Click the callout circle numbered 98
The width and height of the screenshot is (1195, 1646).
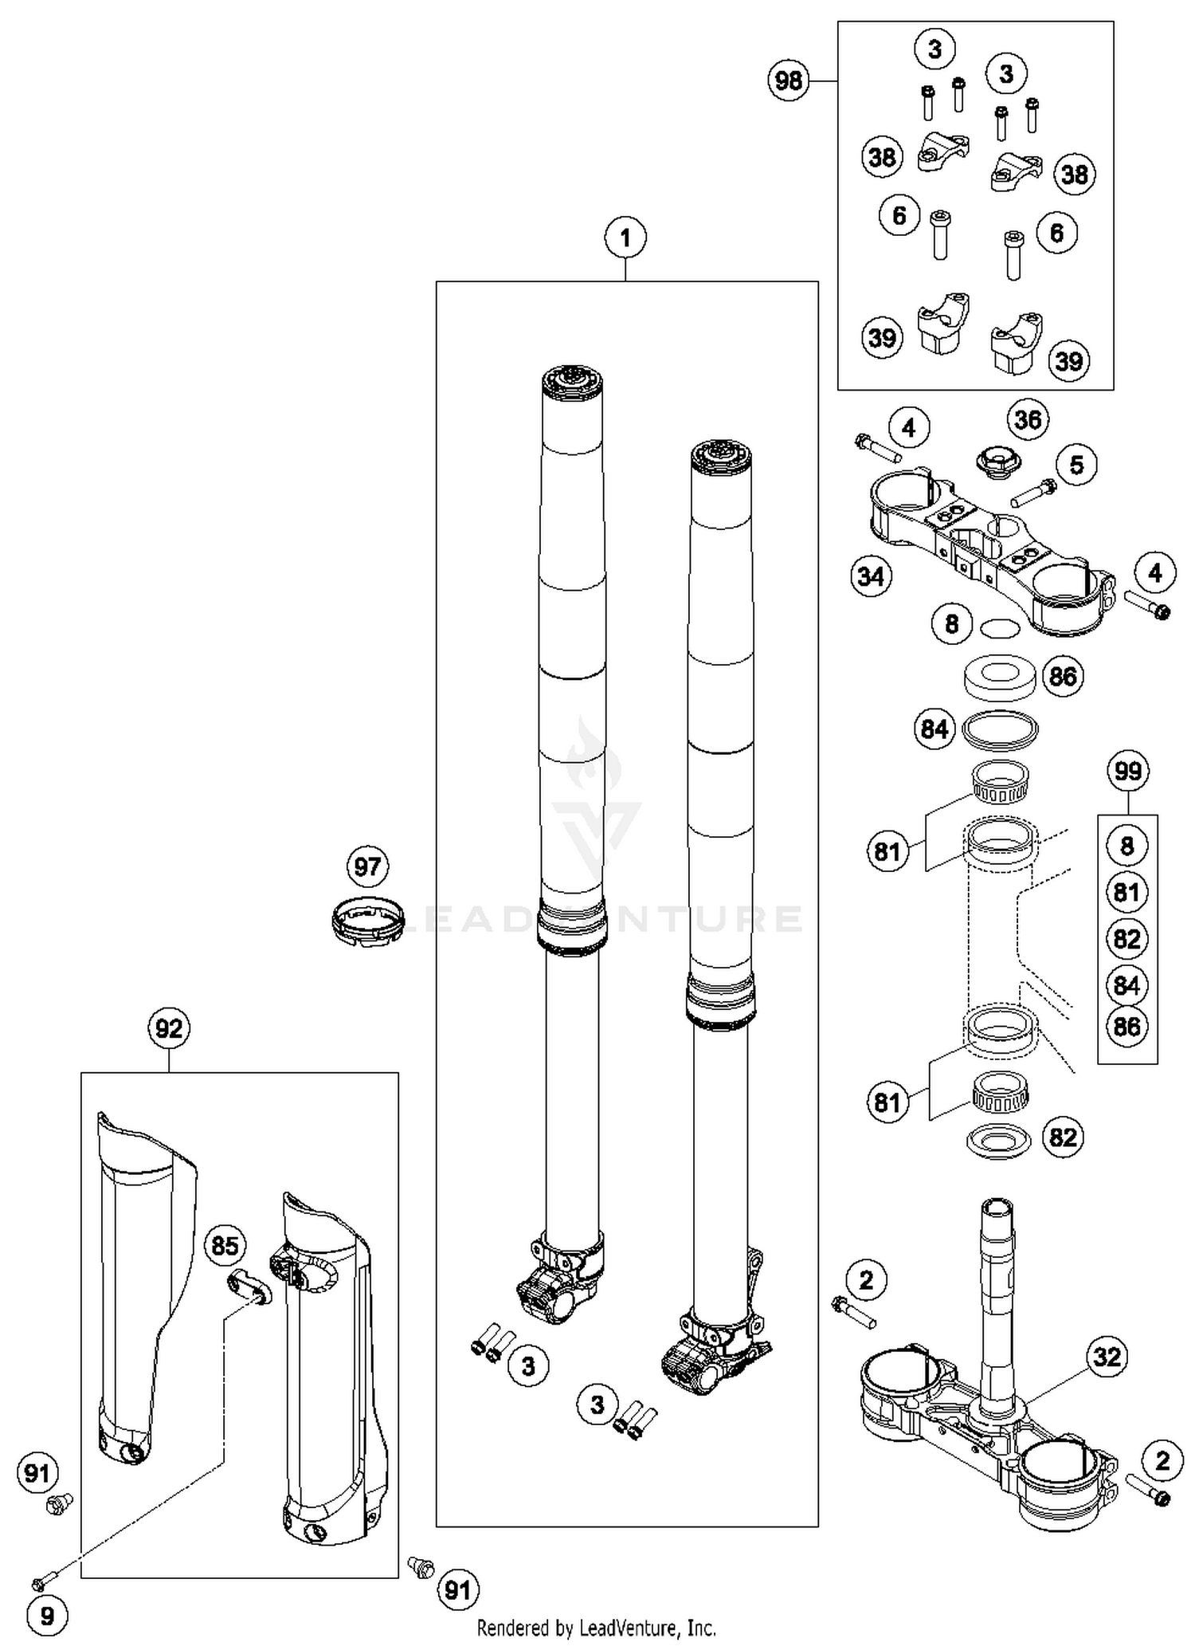point(788,81)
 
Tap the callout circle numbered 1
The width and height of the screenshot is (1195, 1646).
point(625,238)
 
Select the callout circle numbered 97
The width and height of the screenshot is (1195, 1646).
point(367,866)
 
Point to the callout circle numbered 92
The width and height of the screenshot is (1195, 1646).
point(169,1029)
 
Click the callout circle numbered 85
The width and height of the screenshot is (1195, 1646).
point(225,1245)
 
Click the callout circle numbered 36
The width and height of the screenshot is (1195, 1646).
point(1028,419)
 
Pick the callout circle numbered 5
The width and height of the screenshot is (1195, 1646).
point(1076,465)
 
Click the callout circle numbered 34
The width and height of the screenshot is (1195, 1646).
point(871,576)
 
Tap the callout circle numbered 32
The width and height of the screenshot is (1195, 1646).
point(1107,1356)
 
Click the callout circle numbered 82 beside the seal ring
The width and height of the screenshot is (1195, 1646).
point(1063,1137)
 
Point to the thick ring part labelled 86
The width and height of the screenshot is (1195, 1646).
point(1000,676)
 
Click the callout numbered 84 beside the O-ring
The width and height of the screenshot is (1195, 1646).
point(934,729)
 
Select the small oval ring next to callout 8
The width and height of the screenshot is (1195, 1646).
point(999,628)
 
